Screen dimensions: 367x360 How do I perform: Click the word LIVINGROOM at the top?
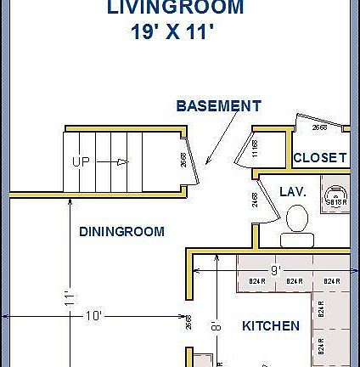175,8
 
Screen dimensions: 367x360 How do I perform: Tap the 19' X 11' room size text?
172,33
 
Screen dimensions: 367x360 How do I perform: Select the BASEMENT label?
218,106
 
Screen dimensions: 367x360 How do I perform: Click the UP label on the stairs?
81,161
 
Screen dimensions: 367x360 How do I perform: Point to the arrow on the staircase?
115,161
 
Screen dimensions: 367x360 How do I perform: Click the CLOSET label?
319,158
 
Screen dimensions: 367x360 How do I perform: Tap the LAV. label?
292,193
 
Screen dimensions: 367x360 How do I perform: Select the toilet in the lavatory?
295,223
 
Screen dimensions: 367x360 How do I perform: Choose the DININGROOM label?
121,231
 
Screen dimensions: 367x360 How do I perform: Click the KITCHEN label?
271,326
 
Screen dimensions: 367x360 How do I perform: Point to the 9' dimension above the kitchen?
275,269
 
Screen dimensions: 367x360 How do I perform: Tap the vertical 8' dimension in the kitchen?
217,325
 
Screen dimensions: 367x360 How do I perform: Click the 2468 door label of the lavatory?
255,200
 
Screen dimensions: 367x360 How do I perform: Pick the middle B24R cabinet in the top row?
294,281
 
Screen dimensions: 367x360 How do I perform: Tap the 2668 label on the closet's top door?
319,127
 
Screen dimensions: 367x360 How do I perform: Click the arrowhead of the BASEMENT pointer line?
207,161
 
